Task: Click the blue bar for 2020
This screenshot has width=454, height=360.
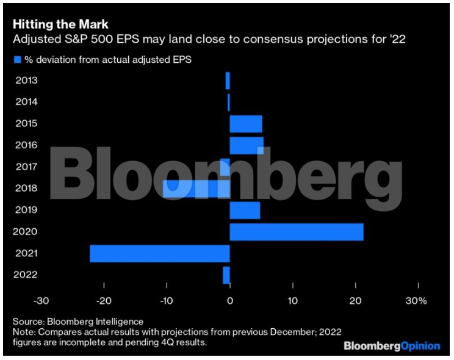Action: click(297, 232)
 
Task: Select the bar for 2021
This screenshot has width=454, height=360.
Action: click(160, 253)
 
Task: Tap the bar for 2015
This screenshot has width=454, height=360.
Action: click(246, 124)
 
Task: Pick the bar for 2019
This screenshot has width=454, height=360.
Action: click(245, 210)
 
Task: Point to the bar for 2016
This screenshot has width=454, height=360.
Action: click(247, 145)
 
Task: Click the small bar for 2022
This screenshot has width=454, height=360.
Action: click(226, 275)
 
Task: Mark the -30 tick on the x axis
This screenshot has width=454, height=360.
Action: click(41, 301)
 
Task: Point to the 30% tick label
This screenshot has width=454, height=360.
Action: click(417, 301)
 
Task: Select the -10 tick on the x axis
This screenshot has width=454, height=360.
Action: click(167, 301)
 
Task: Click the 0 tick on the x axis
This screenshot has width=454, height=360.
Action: click(230, 301)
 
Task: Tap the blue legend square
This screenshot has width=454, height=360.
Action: click(17, 59)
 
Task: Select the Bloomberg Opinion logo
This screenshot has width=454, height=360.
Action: click(392, 346)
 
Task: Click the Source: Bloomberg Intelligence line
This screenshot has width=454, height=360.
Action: click(77, 321)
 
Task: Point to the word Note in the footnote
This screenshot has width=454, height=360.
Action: click(24, 331)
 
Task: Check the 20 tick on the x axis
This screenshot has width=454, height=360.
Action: click(355, 301)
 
